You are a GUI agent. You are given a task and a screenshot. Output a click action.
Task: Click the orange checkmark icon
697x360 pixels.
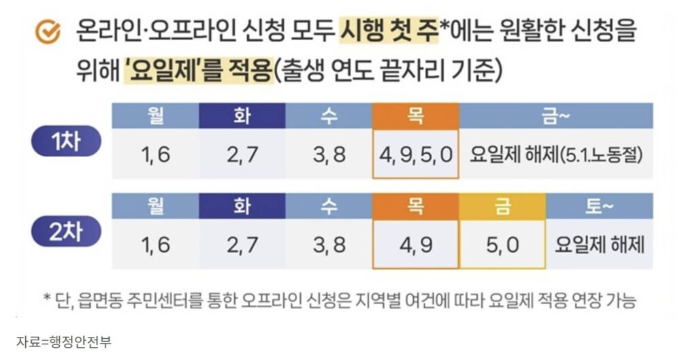click(x=48, y=31)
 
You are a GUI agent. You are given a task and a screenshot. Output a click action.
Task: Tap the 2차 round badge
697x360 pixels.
click(x=66, y=231)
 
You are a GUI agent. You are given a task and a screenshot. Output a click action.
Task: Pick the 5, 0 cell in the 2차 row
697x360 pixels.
click(x=502, y=244)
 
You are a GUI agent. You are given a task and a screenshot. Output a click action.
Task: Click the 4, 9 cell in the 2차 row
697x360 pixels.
click(x=415, y=244)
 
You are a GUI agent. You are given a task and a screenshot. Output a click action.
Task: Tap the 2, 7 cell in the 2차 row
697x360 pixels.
click(x=242, y=244)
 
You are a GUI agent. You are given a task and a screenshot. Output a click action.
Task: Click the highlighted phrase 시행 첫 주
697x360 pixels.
click(x=387, y=31)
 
